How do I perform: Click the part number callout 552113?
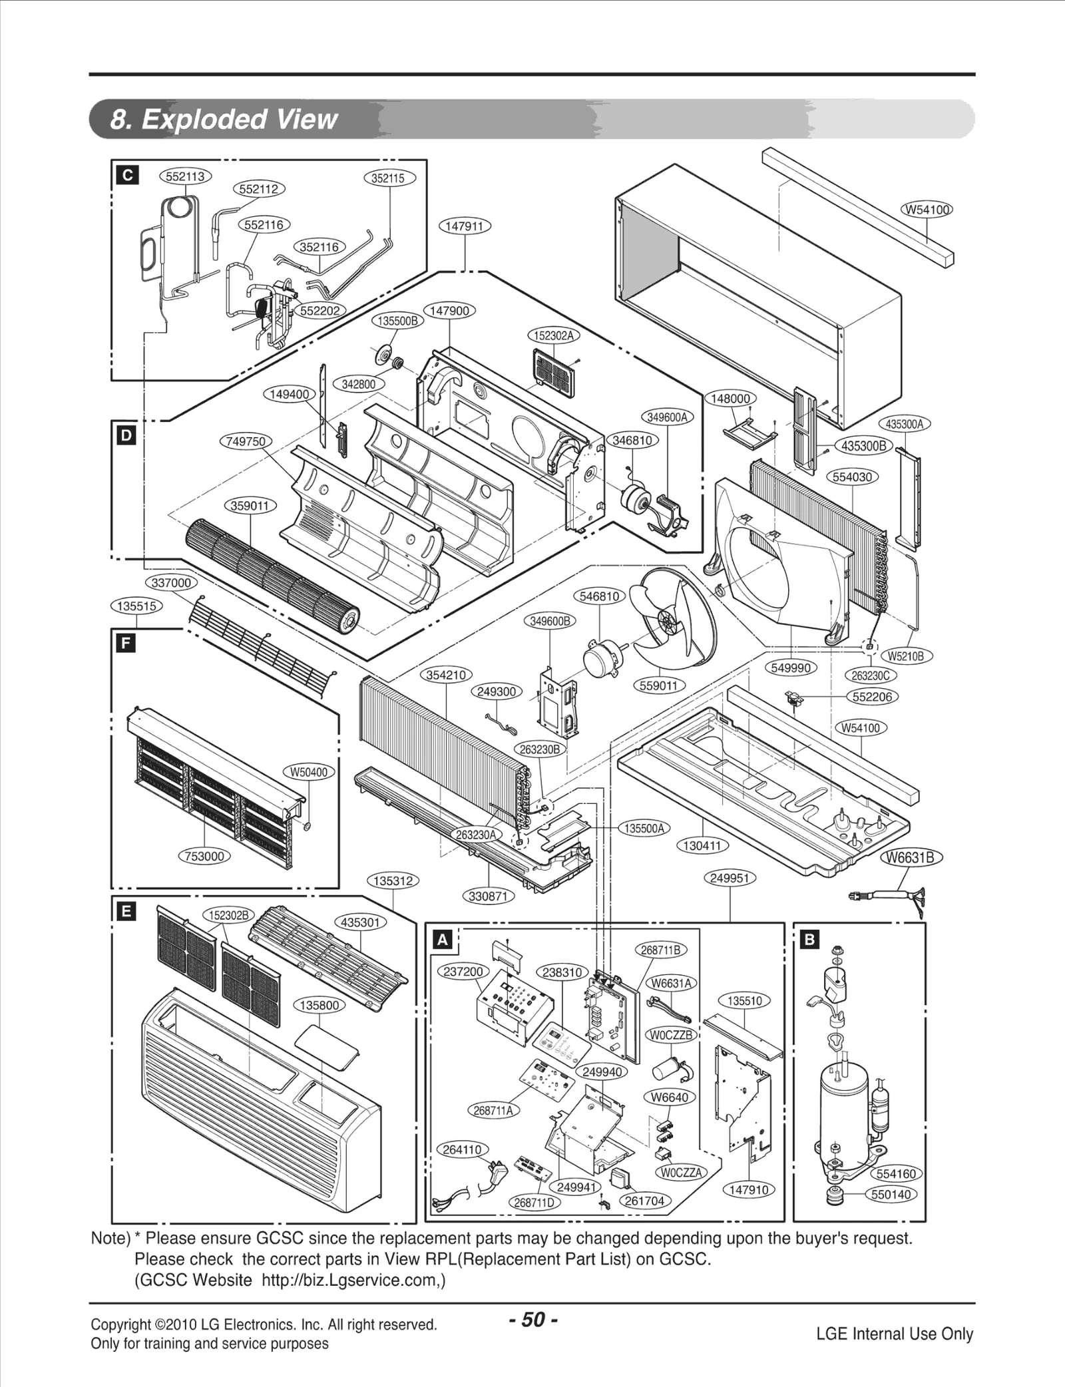(185, 176)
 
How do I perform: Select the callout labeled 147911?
(464, 226)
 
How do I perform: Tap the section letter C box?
(127, 175)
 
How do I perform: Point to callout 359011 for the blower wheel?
(250, 506)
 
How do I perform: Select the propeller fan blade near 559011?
(672, 619)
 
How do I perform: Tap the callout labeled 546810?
(599, 596)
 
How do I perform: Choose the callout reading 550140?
(891, 1194)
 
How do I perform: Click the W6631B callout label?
(912, 858)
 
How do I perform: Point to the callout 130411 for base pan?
(703, 846)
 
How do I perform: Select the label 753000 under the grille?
(204, 856)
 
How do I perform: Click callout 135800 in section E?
(319, 1005)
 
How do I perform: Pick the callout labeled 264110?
(462, 1149)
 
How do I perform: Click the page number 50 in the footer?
(532, 1319)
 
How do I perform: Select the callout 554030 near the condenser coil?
(853, 477)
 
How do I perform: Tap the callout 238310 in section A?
(562, 972)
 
